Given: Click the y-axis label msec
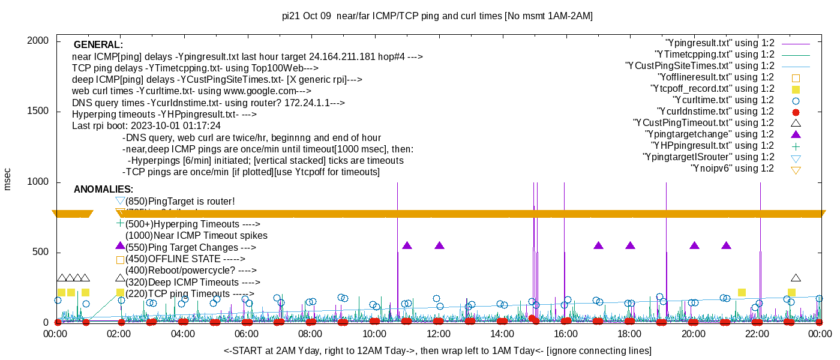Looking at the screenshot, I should click(x=8, y=179).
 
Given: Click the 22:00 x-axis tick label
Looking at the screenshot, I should click(x=757, y=334).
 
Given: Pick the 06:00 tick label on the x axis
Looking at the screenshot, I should click(x=247, y=334).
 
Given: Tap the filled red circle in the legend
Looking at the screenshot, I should click(x=796, y=112).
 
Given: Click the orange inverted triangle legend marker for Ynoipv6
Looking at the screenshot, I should click(x=796, y=170).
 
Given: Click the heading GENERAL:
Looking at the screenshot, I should click(x=98, y=45).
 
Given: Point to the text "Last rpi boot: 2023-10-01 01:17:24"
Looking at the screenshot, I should click(x=146, y=126).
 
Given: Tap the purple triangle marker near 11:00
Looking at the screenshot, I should click(x=407, y=245).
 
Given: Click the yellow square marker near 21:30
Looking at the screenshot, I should click(x=742, y=292).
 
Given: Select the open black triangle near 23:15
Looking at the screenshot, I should click(x=796, y=278).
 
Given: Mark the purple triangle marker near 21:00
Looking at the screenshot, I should click(x=726, y=245).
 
